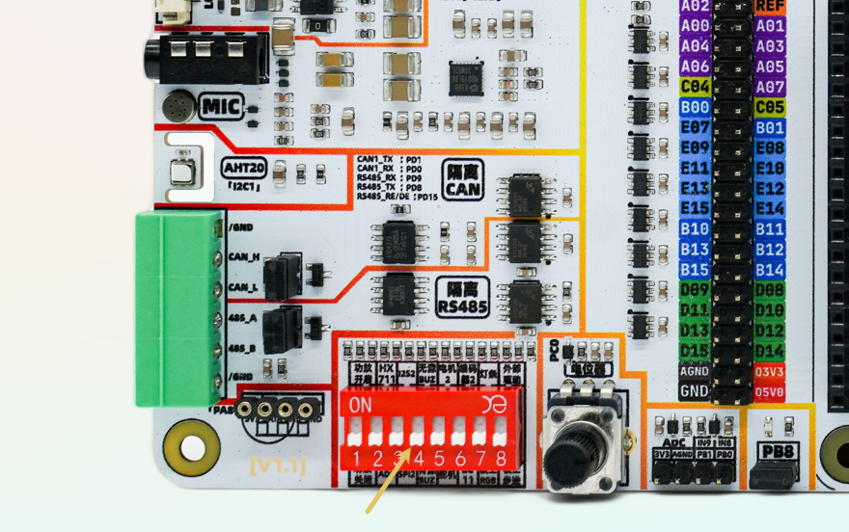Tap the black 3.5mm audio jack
205,60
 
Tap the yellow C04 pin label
695,87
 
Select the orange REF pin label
770,6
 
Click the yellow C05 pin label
770,107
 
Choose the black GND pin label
695,391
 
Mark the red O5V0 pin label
770,391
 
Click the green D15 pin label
695,351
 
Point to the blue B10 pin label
695,229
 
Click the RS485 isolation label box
462,297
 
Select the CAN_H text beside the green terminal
243,257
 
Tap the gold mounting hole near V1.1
192,447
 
